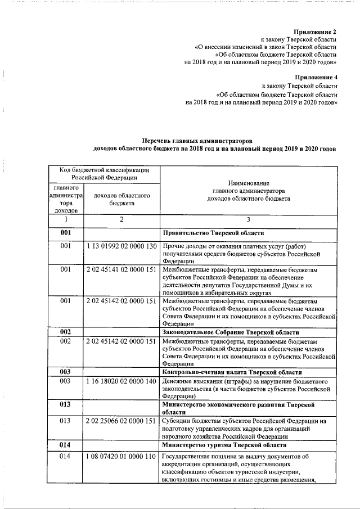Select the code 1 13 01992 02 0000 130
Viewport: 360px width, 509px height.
pos(121,247)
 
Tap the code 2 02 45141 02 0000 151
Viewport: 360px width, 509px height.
pos(121,270)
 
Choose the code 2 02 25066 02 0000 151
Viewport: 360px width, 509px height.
pos(121,420)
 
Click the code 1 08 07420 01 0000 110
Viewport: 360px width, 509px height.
pos(121,457)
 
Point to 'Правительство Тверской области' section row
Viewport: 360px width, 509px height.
pos(213,232)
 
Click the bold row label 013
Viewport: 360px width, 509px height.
pos(66,404)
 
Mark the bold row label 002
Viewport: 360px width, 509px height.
pos(66,332)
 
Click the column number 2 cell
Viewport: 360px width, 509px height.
pos(121,219)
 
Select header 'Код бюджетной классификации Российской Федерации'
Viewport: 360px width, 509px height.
pos(106,172)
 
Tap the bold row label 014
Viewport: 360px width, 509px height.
pos(66,444)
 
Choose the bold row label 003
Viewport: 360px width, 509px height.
pos(66,372)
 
